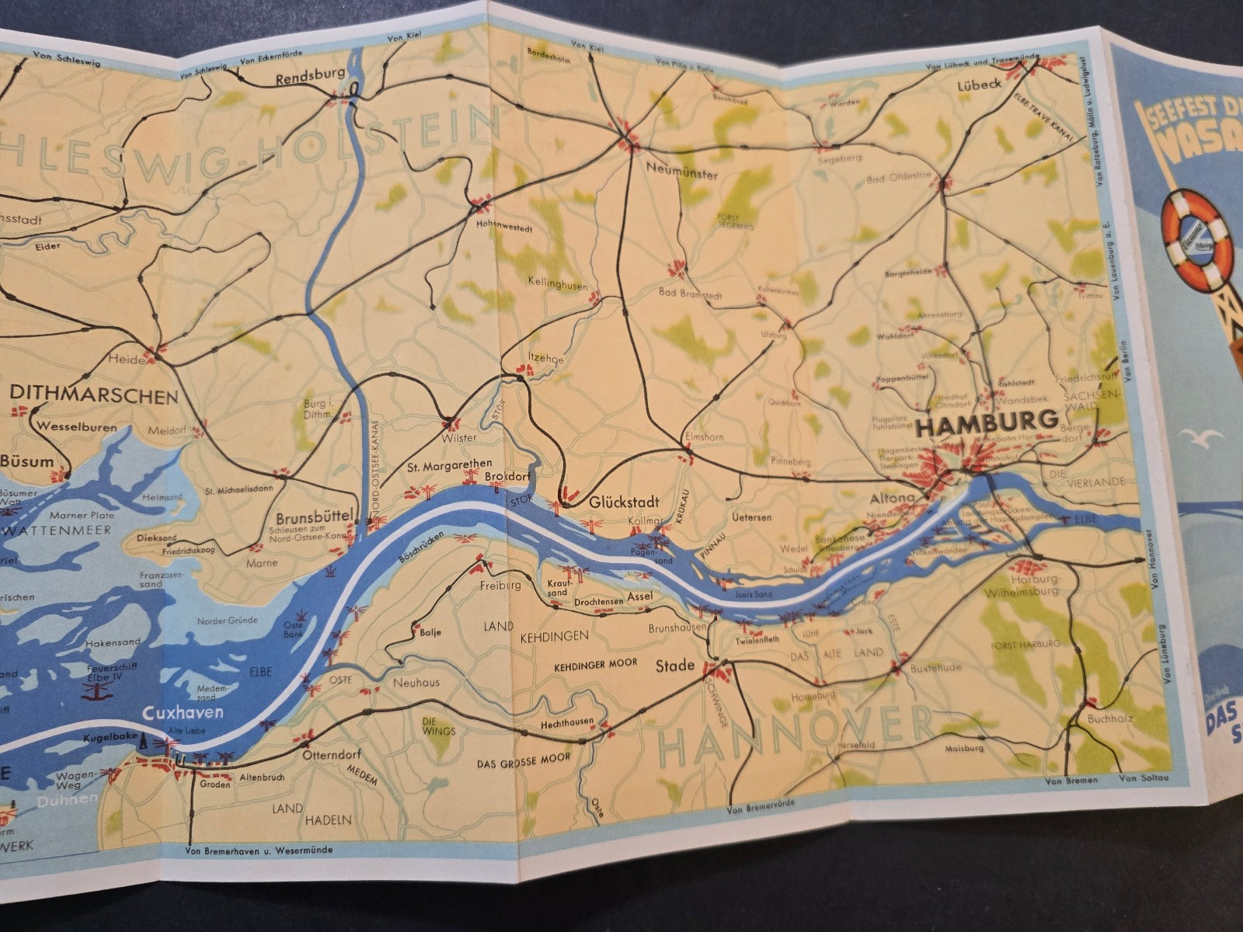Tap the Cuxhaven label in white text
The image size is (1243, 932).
coord(183,712)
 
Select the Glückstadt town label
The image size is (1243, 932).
coord(618,502)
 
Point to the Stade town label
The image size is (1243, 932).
coord(675,666)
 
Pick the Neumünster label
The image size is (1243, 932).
coord(681,174)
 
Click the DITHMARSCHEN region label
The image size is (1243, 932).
coord(93,397)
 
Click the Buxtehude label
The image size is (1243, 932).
coord(935,667)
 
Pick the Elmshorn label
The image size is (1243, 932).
coord(704,436)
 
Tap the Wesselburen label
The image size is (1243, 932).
coord(77,427)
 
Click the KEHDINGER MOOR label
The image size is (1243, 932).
coord(595,664)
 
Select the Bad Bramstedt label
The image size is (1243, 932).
coord(690,294)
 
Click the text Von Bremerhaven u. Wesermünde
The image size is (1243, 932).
coord(259,850)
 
